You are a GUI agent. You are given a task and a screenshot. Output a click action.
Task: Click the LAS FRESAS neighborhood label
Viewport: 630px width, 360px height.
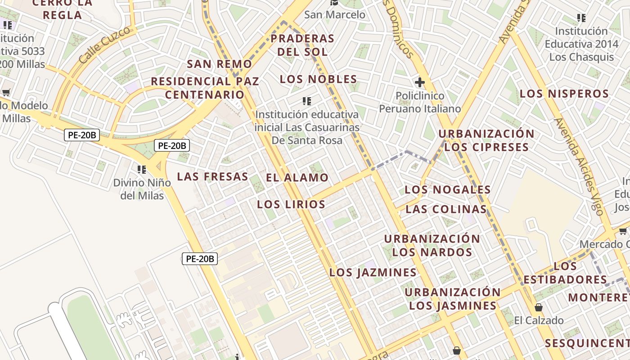pyautogui.click(x=212, y=176)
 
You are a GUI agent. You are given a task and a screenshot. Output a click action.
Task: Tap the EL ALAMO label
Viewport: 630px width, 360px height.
pyautogui.click(x=297, y=177)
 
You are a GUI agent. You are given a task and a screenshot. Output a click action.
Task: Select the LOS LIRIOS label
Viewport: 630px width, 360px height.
pyautogui.click(x=291, y=204)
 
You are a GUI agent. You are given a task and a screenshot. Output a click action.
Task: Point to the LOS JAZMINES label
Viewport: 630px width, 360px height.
pyautogui.click(x=373, y=272)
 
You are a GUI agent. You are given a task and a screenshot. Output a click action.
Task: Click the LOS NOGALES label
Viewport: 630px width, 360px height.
pyautogui.click(x=447, y=189)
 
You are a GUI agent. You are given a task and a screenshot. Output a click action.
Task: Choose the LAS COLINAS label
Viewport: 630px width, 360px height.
pyautogui.click(x=446, y=209)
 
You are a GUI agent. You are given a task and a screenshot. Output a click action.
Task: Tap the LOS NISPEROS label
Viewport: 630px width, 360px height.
pyautogui.click(x=564, y=94)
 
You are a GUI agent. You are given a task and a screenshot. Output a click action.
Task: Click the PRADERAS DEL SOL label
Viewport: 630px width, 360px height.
pyautogui.click(x=302, y=45)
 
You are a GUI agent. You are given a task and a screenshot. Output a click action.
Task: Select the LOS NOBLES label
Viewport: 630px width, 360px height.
pyautogui.click(x=318, y=79)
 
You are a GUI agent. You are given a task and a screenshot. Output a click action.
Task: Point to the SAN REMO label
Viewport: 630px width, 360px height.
pyautogui.click(x=219, y=64)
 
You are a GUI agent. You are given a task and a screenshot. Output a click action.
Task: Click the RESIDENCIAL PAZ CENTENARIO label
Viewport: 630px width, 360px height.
pyautogui.click(x=205, y=88)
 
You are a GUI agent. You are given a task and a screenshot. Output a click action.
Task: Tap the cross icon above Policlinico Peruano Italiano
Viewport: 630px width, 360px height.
pyautogui.click(x=419, y=82)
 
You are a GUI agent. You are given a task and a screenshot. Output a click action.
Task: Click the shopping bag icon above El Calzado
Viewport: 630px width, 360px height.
pyautogui.click(x=538, y=307)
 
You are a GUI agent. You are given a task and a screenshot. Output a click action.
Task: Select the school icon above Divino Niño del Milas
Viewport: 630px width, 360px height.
pyautogui.click(x=142, y=170)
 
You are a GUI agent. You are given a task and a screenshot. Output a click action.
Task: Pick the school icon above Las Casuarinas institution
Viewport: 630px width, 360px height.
pyautogui.click(x=307, y=101)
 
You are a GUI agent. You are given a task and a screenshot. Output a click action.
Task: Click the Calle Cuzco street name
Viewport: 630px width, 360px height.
pyautogui.click(x=107, y=44)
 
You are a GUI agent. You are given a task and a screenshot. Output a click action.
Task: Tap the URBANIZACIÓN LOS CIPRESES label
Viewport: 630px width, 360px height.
pyautogui.click(x=486, y=140)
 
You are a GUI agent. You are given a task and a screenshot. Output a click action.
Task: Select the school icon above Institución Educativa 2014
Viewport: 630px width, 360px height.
pyautogui.click(x=581, y=18)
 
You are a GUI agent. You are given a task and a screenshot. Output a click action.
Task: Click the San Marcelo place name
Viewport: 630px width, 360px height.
pyautogui.click(x=335, y=14)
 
